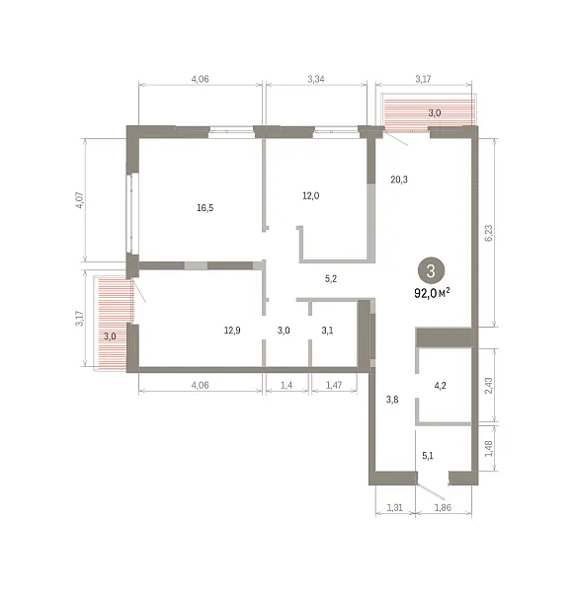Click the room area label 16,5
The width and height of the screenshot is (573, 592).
pos(205,207)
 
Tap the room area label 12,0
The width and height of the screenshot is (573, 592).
pos(310,195)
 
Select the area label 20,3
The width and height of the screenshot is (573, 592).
pos(399,180)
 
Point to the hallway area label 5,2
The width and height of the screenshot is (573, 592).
pos(331,278)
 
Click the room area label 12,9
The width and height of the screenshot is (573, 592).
pos(232,331)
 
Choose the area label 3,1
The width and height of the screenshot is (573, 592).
pos(327,331)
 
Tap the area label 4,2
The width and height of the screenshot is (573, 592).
pos(441,386)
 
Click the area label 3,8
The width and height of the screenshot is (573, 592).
pos(392,399)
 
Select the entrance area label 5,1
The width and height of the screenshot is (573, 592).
pos(428,456)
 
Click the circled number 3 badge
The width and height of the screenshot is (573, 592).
pos(432,271)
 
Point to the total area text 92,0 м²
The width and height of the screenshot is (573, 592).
pos(432,293)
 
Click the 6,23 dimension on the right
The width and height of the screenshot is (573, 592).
pos(488,233)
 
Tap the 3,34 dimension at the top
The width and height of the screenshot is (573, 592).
pos(316,79)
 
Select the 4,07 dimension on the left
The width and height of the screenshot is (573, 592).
pos(80,200)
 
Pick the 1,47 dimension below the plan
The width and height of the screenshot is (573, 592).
pos(334,385)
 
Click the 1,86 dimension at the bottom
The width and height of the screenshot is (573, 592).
pos(443,507)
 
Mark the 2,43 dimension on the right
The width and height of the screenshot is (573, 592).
pos(488,386)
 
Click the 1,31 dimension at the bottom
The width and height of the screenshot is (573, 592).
pos(394,507)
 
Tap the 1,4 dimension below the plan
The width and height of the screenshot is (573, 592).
pos(286,385)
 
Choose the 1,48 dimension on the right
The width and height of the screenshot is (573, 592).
pos(488,448)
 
